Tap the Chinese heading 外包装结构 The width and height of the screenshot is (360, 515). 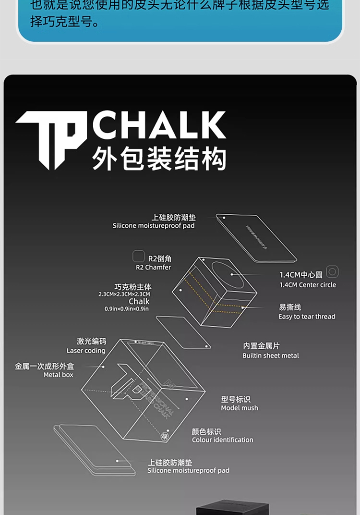coord(159,159)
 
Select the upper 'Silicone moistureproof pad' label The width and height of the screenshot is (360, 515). coord(154,225)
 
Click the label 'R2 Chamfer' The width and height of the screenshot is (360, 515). coord(153,267)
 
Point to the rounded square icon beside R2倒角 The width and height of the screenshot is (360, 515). coord(139,257)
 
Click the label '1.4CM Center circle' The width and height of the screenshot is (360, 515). coord(308,284)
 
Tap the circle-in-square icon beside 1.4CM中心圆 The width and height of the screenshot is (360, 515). coord(332,272)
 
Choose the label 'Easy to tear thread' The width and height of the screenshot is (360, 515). coord(307,317)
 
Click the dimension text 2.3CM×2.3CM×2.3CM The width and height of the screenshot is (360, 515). coord(124,294)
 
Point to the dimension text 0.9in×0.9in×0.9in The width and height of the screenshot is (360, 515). coord(127,309)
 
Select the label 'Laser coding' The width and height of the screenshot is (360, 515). coord(86,351)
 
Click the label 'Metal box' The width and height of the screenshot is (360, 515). coord(58,375)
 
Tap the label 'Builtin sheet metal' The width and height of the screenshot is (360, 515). coord(271,356)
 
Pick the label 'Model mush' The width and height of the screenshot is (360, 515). coord(240,408)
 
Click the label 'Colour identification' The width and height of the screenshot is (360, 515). coord(222,440)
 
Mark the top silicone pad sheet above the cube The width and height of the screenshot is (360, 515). coord(256,238)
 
